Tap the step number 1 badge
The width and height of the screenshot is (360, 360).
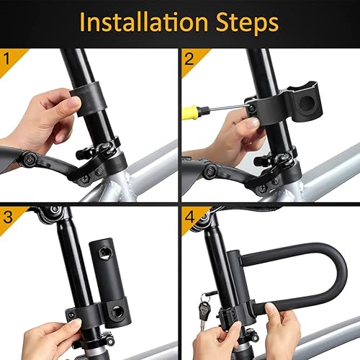point(8,55)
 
